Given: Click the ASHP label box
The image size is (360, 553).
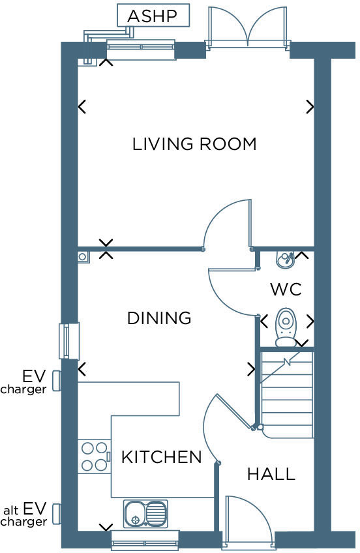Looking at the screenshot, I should click(x=153, y=16).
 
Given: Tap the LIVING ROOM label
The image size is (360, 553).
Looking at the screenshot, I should click(x=194, y=143).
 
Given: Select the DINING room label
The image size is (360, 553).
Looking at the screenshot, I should click(x=159, y=318).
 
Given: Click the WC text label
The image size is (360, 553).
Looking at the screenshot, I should click(x=286, y=289).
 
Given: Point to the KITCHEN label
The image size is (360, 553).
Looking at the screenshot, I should click(x=161, y=457).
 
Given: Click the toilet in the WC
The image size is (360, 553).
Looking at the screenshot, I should click(x=286, y=327).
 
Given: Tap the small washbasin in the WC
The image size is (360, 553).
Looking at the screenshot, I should click(x=285, y=260).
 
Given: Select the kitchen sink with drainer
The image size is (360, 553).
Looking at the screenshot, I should click(x=145, y=514).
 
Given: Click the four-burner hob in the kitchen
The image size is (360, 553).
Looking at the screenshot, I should click(x=94, y=456).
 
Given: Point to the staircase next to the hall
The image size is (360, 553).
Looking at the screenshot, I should click(x=287, y=395).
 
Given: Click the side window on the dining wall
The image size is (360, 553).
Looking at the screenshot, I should click(x=69, y=340).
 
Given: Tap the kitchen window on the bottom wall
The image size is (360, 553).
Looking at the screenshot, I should click(x=145, y=539).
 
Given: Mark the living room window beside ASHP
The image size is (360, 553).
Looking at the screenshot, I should click(x=141, y=50).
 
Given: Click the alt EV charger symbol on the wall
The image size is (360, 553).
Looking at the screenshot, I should click(x=57, y=513).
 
